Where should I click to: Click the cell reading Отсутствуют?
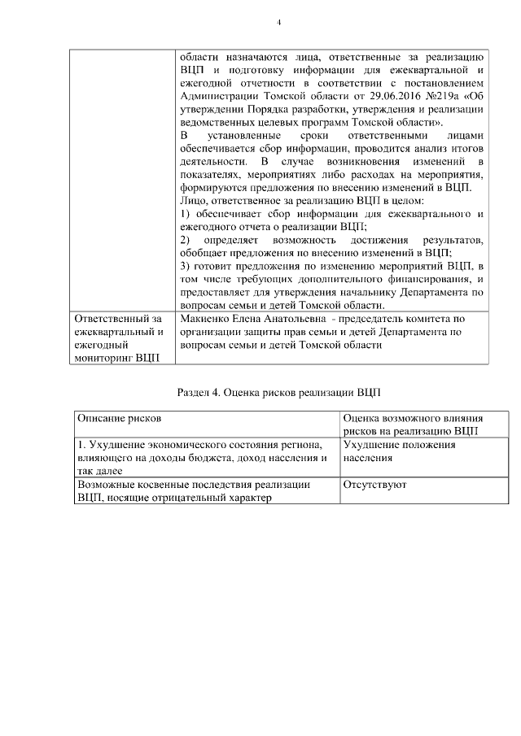375,485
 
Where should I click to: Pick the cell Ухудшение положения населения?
399,451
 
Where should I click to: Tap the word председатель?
385,319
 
